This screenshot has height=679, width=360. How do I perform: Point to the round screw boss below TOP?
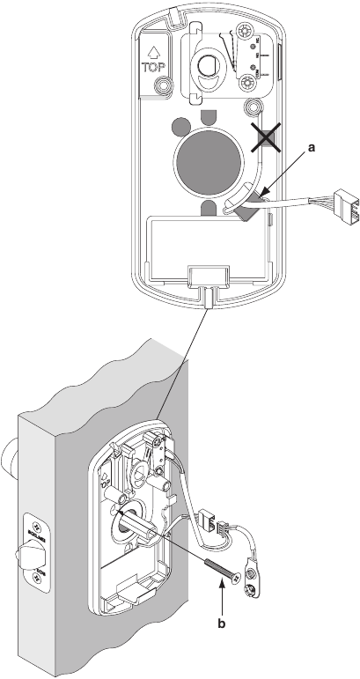click(163, 88)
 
